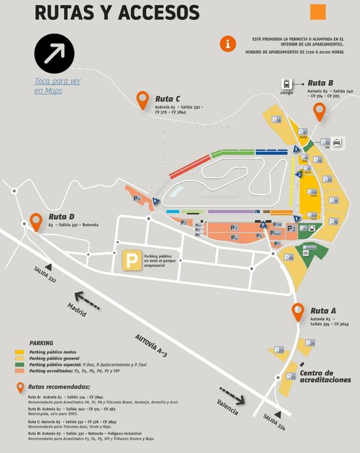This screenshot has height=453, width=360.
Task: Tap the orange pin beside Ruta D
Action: coord(36,220)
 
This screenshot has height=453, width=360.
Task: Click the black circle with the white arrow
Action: coord(54,54)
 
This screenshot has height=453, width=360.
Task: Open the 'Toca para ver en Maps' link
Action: coord(57,86)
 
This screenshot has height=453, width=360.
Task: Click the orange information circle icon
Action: coord(228,43)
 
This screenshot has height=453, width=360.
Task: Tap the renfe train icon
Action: coord(287,85)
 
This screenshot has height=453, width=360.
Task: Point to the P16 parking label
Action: coord(276,120)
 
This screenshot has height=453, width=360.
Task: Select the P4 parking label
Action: coord(137,199)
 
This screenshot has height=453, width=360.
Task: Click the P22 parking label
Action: coord(291,377)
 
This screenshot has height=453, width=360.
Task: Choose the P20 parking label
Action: coord(279,350)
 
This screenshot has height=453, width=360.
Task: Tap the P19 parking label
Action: coord(288,257)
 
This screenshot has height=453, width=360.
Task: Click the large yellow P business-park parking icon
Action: coord(132,261)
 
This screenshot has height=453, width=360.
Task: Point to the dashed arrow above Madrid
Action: coord(87,300)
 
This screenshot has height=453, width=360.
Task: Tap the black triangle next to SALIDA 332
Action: coord(48,267)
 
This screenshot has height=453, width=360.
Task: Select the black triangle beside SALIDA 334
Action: coord(277,414)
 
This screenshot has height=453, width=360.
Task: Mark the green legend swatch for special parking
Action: coord(20,365)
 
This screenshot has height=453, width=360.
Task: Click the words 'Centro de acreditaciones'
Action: coord(325,376)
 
